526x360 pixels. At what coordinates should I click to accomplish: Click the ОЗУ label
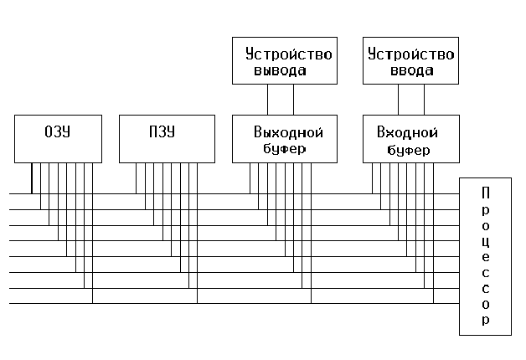[57, 131]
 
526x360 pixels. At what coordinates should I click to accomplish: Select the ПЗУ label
[162, 131]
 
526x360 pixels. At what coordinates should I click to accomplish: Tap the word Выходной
[288, 132]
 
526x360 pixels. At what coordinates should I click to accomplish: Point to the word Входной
[407, 132]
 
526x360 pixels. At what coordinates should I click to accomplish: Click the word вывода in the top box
[280, 70]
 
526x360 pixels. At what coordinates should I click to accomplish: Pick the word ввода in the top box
[411, 70]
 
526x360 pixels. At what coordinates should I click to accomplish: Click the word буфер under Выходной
[284, 149]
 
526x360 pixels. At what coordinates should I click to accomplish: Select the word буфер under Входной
[408, 150]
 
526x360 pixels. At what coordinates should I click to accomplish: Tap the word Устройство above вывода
[288, 54]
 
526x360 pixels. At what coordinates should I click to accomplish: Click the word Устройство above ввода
[411, 54]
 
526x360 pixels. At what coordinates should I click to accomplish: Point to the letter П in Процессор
[486, 193]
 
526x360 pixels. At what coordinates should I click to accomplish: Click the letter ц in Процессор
[486, 242]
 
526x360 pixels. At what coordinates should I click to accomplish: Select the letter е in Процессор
[486, 257]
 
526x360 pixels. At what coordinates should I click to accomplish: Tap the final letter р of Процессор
[486, 321]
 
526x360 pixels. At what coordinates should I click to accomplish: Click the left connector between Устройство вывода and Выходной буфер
[268, 100]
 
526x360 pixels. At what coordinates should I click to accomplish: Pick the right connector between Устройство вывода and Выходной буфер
[293, 100]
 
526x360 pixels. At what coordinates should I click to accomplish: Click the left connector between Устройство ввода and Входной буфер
[398, 100]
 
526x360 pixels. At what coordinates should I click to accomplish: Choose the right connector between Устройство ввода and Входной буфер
[424, 100]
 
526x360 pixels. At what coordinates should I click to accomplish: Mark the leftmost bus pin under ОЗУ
[32, 178]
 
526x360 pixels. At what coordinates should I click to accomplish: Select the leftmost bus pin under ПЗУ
[137, 178]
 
